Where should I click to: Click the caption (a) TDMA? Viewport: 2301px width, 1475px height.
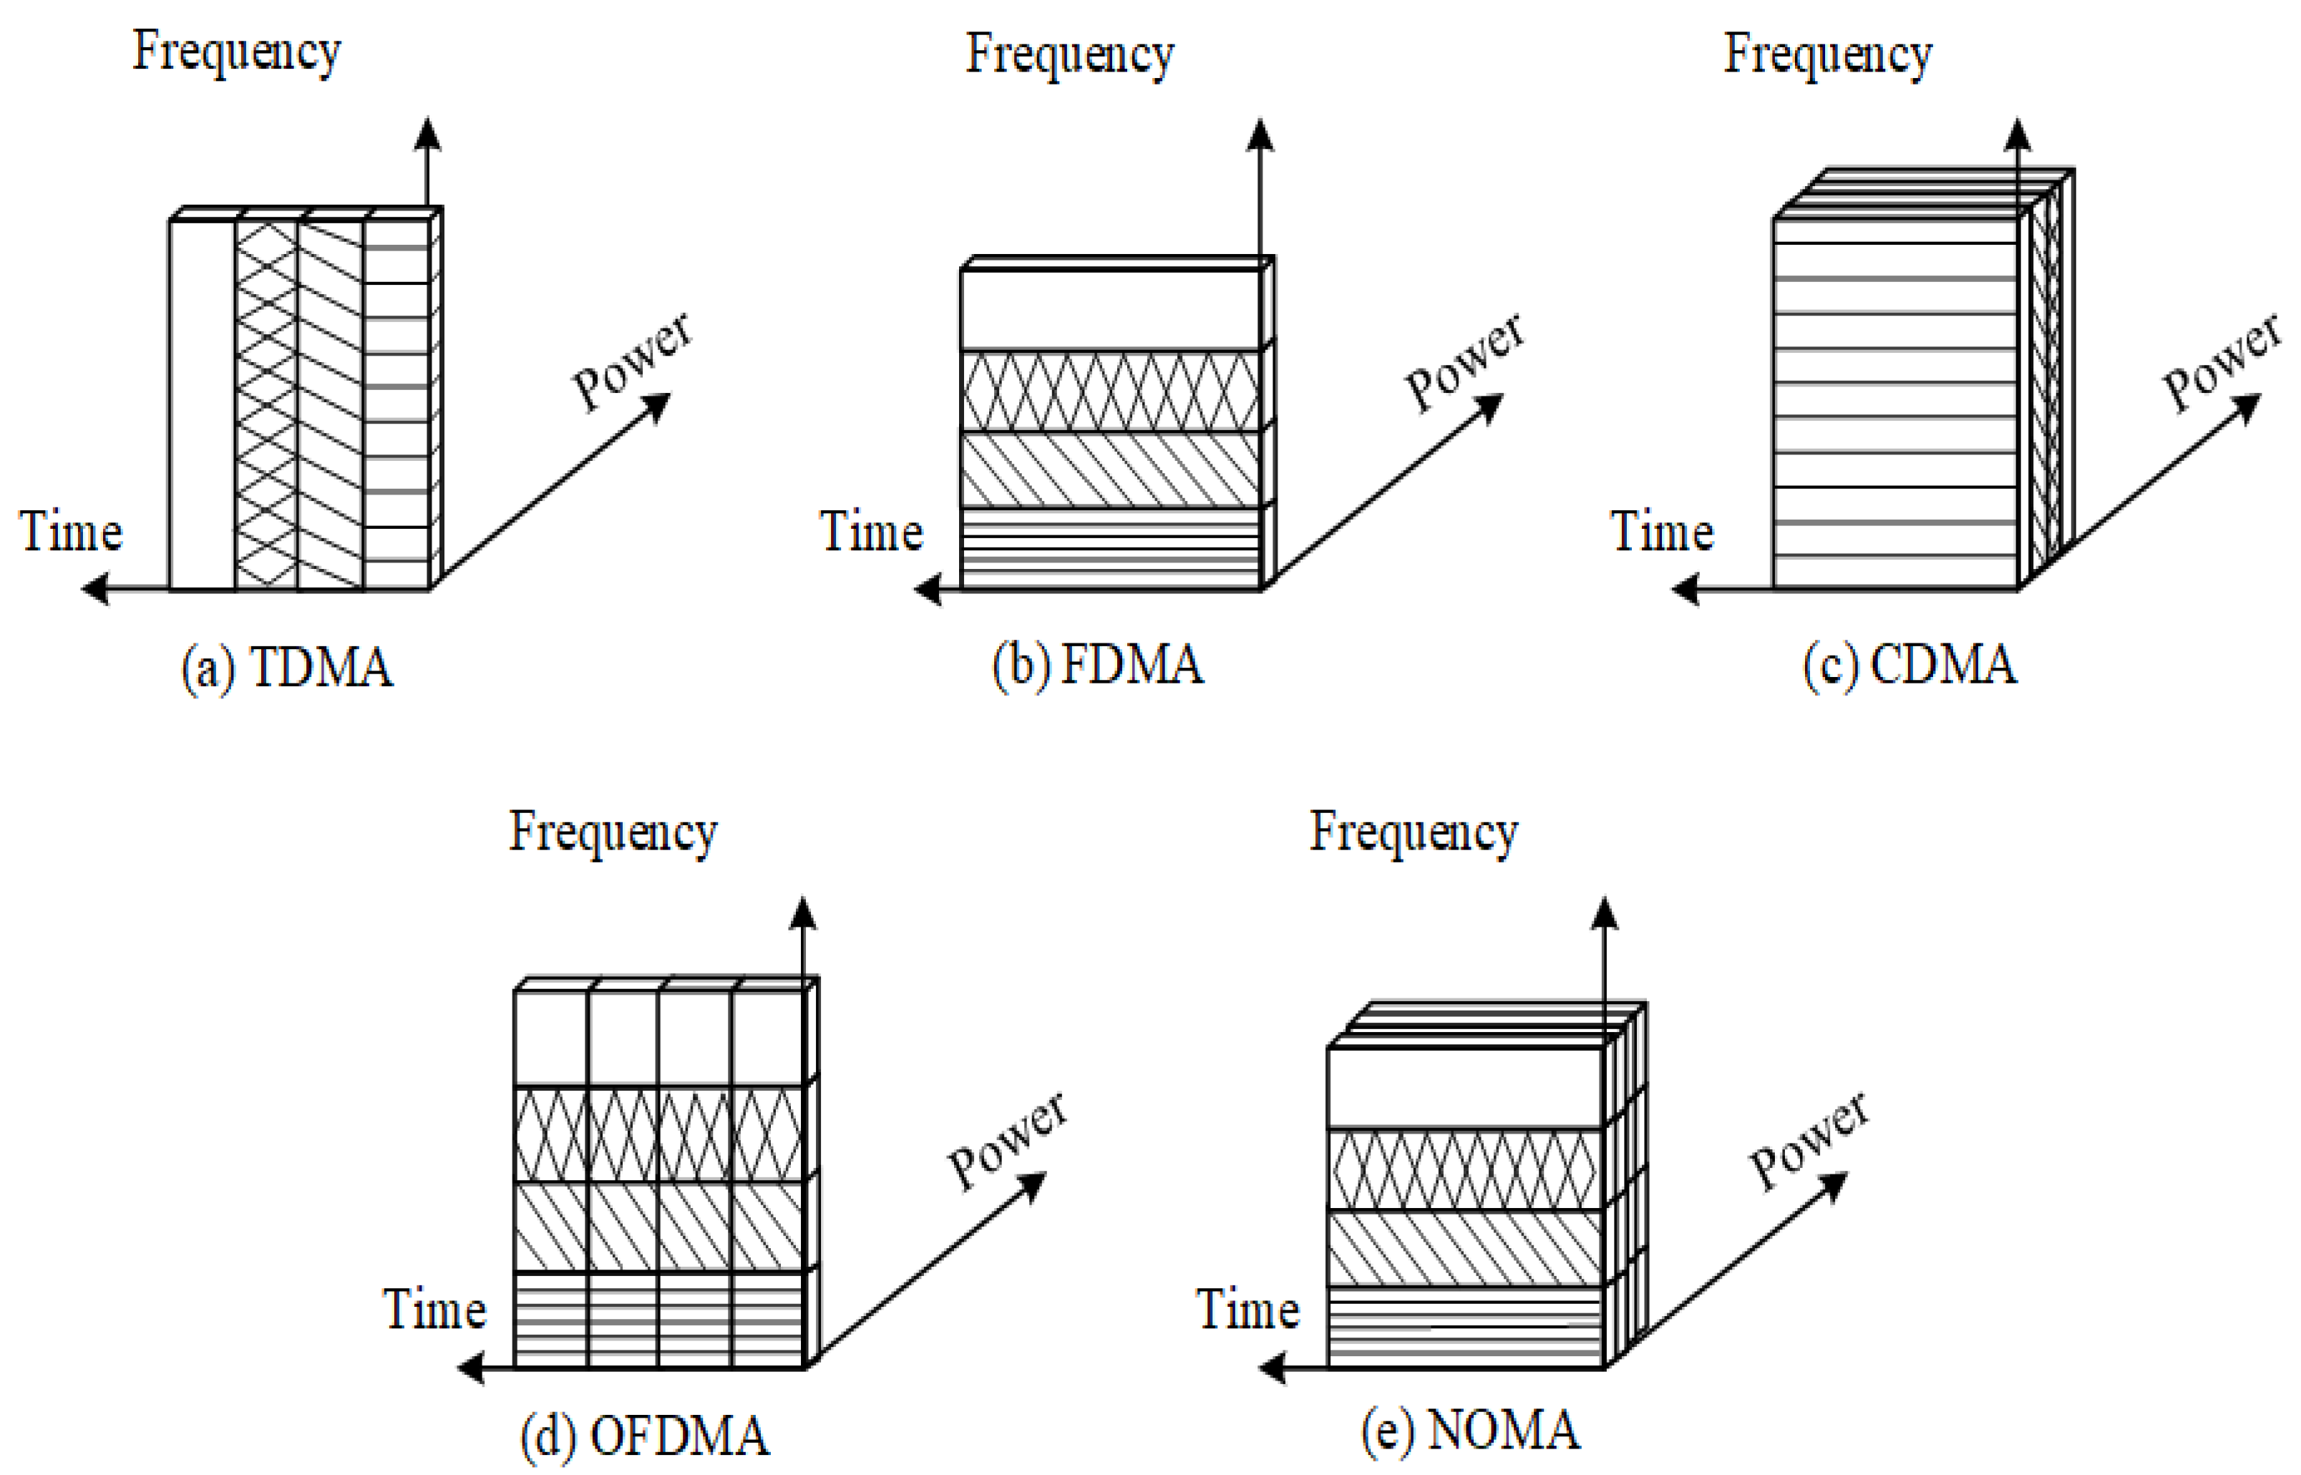(287, 668)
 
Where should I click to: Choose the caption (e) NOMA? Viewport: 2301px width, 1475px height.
(1470, 1431)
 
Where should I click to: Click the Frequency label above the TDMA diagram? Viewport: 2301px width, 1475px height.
(235, 53)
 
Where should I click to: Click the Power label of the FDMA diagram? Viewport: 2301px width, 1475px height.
(1465, 361)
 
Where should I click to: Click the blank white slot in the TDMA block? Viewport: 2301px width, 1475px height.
(202, 402)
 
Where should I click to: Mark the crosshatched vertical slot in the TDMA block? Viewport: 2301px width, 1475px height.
(266, 402)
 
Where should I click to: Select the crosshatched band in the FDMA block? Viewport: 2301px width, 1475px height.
(1110, 391)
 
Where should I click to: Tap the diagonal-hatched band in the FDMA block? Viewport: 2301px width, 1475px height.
(1110, 469)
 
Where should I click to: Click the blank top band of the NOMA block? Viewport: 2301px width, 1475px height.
(1465, 1087)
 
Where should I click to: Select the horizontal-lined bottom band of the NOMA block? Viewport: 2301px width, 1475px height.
(1465, 1328)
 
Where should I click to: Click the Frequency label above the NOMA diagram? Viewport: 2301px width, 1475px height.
(1414, 832)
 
